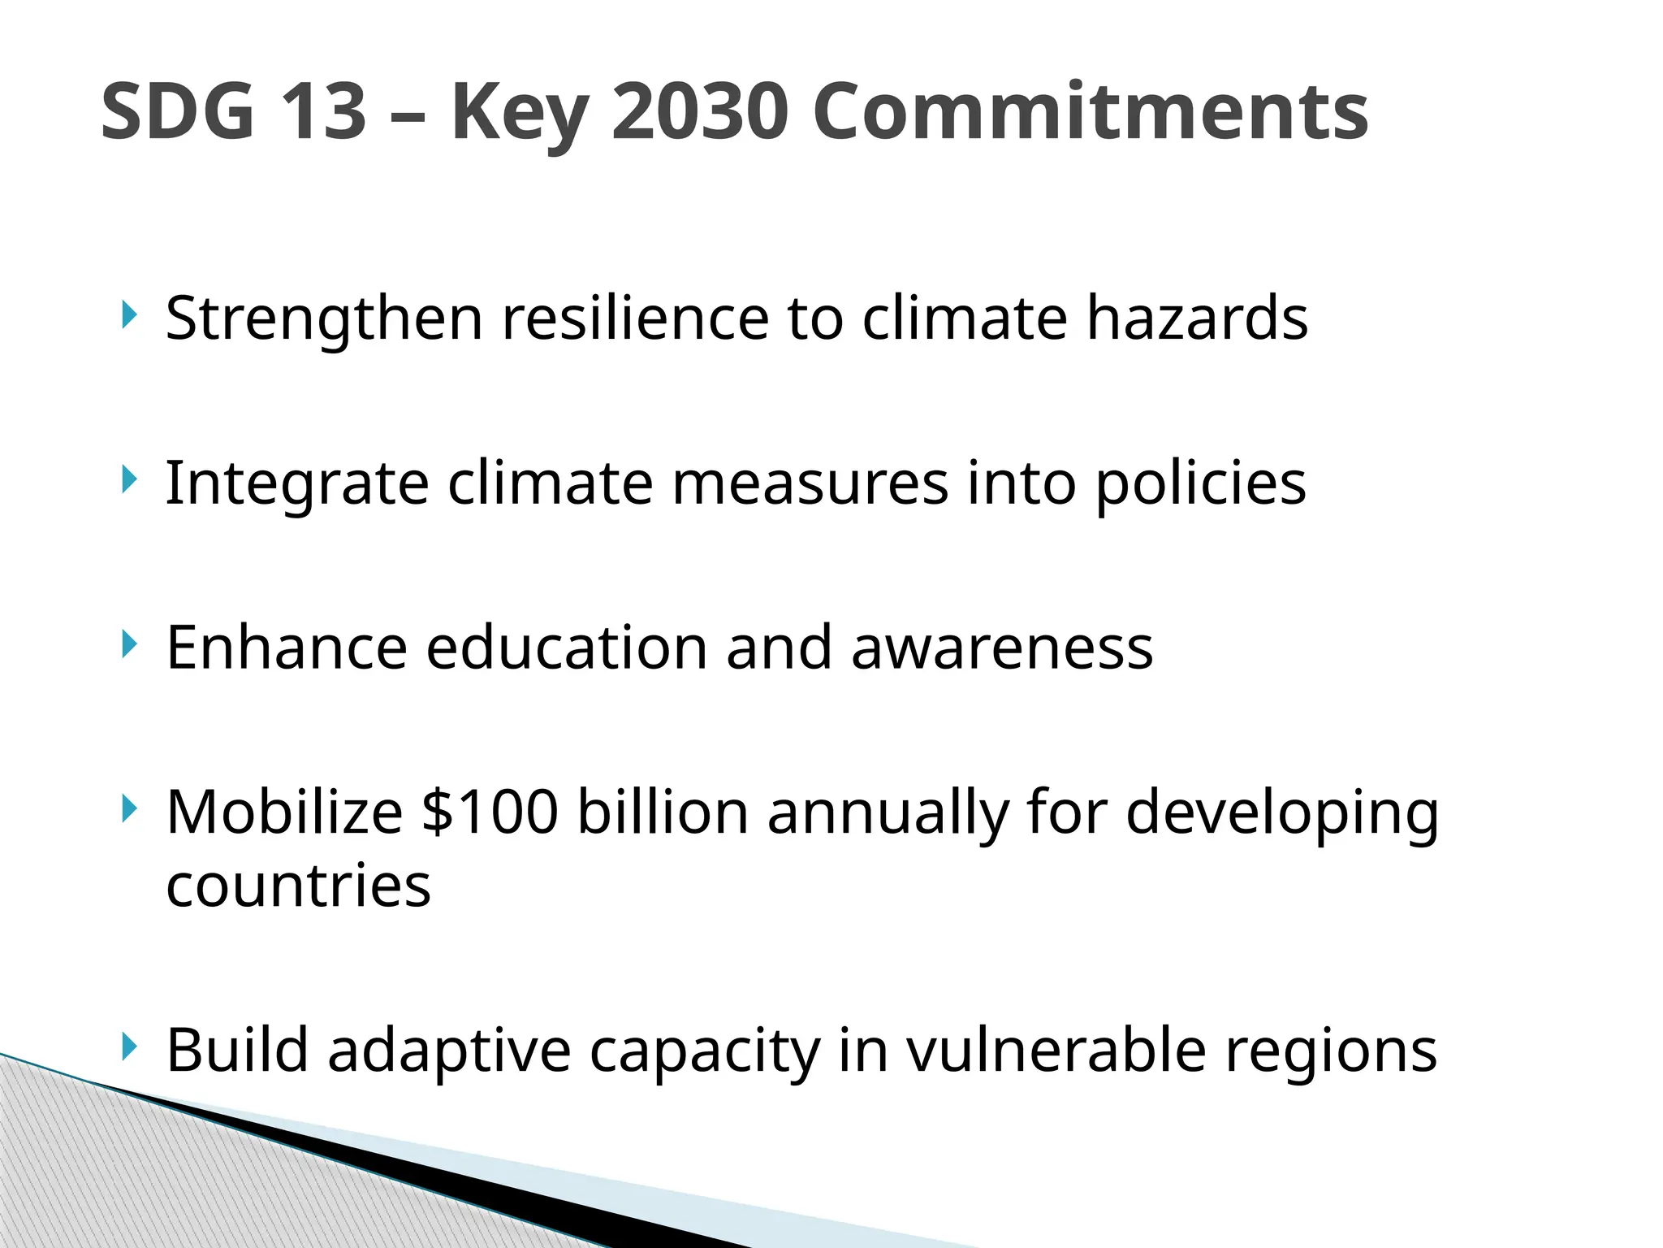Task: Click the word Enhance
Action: pyautogui.click(x=287, y=648)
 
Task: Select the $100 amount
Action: pyautogui.click(x=490, y=812)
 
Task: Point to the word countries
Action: pyautogui.click(x=298, y=886)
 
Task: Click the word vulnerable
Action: pyautogui.click(x=1056, y=1050)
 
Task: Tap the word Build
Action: pyautogui.click(x=237, y=1050)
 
